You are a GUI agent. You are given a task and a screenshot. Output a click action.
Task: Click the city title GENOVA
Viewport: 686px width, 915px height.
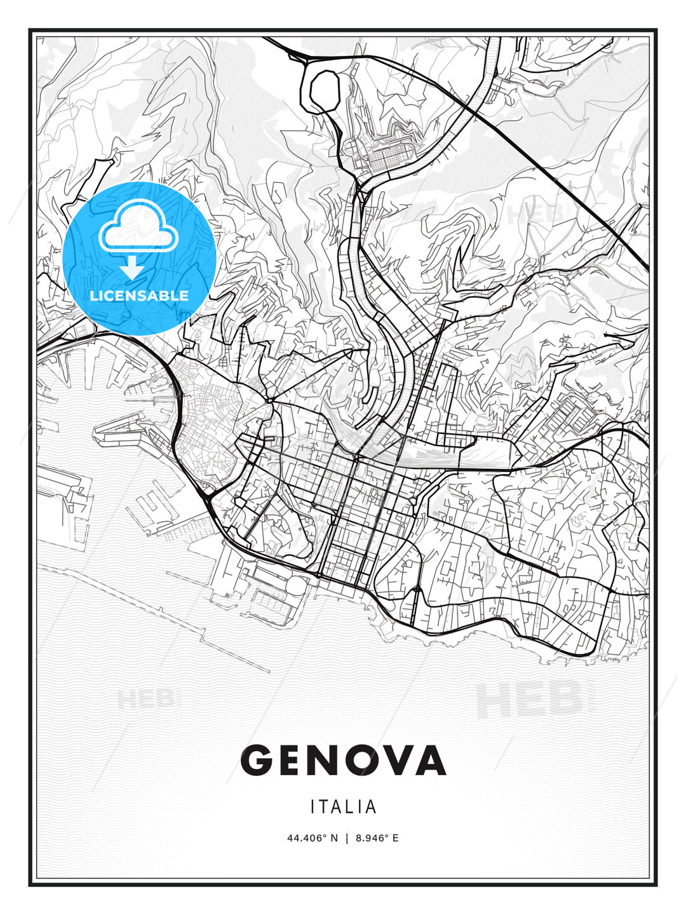point(343,760)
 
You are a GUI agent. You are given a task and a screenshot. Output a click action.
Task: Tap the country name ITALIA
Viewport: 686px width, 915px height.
point(343,807)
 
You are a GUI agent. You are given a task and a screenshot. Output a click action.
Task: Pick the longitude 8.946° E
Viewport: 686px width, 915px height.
point(377,838)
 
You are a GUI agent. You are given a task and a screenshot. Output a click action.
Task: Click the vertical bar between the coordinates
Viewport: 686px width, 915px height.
point(347,838)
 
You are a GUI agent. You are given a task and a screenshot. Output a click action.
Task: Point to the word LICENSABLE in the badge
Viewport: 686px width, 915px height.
point(139,295)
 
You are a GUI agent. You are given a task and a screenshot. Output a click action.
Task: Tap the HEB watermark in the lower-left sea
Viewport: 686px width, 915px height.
point(146,699)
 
